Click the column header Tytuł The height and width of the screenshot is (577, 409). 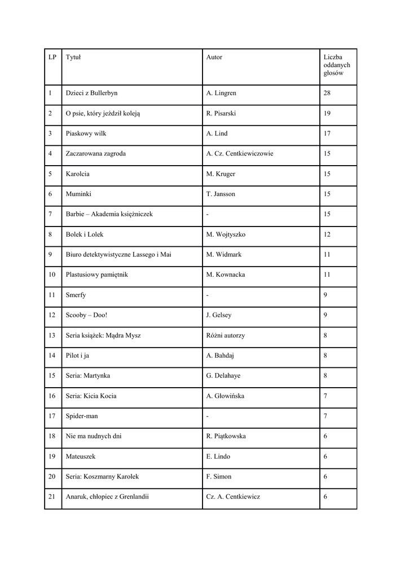(x=73, y=57)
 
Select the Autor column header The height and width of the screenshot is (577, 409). (x=214, y=57)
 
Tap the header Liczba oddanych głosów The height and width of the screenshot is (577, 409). (x=337, y=65)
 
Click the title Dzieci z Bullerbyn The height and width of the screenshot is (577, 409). (x=91, y=94)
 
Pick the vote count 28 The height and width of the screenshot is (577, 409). (x=327, y=94)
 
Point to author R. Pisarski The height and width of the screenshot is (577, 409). (x=221, y=114)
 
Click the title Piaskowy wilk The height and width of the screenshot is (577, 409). (x=86, y=134)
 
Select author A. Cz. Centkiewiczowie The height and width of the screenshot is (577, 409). (x=240, y=154)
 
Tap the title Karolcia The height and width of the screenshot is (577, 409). (x=78, y=174)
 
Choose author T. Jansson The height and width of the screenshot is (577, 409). (x=221, y=194)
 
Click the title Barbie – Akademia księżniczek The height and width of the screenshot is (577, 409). (x=109, y=215)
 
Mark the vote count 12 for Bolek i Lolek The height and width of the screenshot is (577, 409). (x=327, y=234)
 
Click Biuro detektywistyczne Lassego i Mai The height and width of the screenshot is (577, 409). (x=118, y=255)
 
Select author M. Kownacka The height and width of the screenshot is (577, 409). (x=226, y=275)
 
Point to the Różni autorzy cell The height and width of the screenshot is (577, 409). (x=226, y=335)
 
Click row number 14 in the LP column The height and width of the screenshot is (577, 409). (x=52, y=356)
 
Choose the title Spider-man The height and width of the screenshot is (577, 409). (x=82, y=416)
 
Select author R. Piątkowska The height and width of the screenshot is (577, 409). (x=226, y=436)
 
